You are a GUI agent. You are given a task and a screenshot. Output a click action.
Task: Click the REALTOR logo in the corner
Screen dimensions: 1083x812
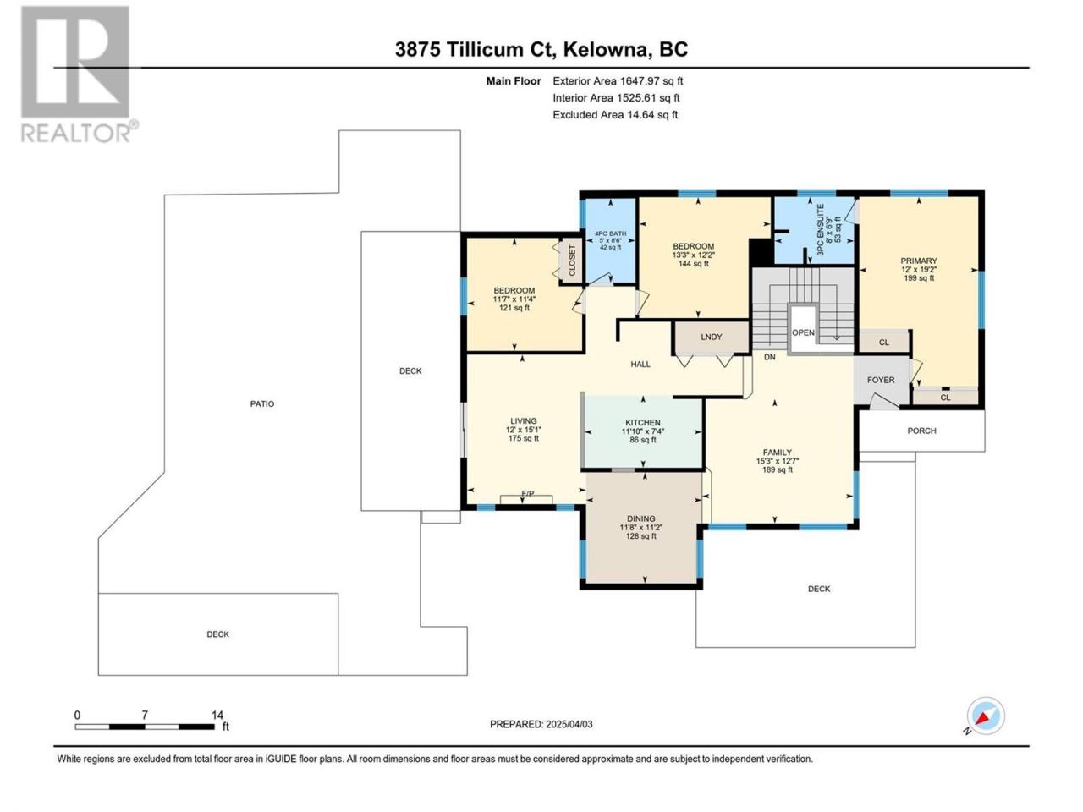pyautogui.click(x=79, y=74)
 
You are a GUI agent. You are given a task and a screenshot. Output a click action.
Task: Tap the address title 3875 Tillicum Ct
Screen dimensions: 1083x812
pyautogui.click(x=476, y=49)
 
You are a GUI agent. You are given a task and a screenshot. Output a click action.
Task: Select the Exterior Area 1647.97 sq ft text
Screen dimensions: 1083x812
pyautogui.click(x=618, y=81)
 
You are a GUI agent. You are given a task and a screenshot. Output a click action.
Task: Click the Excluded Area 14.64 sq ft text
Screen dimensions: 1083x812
pyautogui.click(x=615, y=115)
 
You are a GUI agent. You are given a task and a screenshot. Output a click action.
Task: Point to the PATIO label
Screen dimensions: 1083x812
pyautogui.click(x=262, y=403)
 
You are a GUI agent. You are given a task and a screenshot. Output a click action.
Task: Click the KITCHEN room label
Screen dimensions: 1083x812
pyautogui.click(x=642, y=423)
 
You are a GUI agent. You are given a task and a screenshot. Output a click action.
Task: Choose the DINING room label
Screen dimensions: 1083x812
pyautogui.click(x=641, y=518)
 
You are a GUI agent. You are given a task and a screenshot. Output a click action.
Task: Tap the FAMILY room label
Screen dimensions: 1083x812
pyautogui.click(x=777, y=452)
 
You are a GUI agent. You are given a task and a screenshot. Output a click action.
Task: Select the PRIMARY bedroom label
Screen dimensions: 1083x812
pyautogui.click(x=919, y=261)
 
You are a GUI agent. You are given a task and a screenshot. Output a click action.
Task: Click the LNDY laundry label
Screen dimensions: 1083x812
pyautogui.click(x=711, y=337)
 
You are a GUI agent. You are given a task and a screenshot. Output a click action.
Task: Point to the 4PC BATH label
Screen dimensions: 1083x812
pyautogui.click(x=610, y=233)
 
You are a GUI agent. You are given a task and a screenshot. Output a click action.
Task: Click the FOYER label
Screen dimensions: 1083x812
pyautogui.click(x=881, y=380)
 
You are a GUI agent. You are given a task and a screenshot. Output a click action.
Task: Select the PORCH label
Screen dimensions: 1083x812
pyautogui.click(x=921, y=431)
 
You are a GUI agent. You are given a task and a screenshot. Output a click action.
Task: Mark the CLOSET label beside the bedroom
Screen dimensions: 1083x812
pyautogui.click(x=572, y=260)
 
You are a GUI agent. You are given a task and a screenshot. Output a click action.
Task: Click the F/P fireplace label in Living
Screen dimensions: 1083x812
pyautogui.click(x=528, y=493)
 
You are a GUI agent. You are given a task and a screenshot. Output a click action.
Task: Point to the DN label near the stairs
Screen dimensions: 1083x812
pyautogui.click(x=770, y=357)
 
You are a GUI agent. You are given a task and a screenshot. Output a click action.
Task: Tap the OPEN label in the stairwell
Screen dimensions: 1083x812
pyautogui.click(x=803, y=332)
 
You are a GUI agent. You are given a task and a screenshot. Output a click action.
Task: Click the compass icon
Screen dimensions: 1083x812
pyautogui.click(x=986, y=716)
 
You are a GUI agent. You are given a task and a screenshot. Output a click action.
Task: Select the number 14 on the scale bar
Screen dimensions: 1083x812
pyautogui.click(x=217, y=715)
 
